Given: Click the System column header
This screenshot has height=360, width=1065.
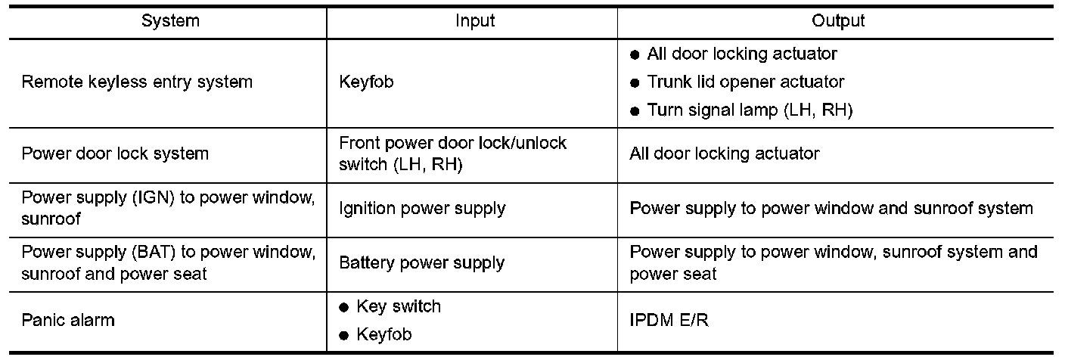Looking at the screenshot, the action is [170, 21].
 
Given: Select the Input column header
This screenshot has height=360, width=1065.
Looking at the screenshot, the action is [474, 21].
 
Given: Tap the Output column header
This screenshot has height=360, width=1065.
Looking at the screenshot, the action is [837, 21].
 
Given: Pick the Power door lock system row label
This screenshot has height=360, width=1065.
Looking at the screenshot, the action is [116, 154].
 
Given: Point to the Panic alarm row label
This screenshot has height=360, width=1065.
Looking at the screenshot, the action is [68, 320].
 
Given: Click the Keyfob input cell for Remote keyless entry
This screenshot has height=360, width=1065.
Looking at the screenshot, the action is [367, 82].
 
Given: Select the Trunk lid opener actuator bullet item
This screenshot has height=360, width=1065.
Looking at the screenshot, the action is [745, 82].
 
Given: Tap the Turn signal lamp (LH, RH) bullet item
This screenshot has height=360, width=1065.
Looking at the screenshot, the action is [750, 110].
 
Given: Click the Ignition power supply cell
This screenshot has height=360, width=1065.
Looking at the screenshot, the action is [423, 207].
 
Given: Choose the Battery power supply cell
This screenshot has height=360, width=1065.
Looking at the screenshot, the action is [421, 263].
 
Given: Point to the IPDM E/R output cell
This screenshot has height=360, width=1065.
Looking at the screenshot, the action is [669, 320].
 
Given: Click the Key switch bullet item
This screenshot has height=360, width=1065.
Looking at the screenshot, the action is [398, 306].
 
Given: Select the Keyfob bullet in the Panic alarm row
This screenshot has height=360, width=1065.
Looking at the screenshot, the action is [383, 334].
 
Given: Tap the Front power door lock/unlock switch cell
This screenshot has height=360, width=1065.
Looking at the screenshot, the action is [453, 154].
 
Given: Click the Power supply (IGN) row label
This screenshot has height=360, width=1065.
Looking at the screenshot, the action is [167, 207].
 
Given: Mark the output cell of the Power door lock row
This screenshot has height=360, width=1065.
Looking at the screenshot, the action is [724, 154].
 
